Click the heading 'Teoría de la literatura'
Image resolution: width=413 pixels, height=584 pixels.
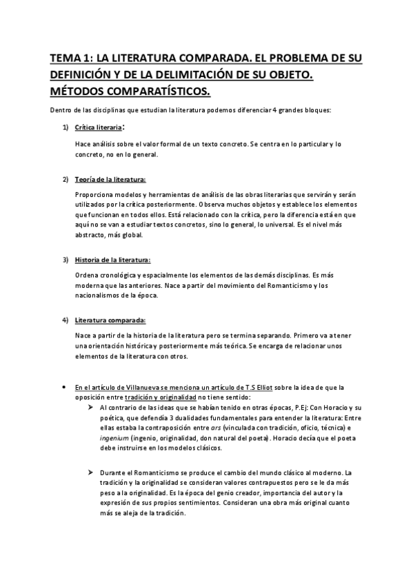pos(110,180)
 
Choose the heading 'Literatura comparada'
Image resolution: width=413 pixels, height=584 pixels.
pos(110,320)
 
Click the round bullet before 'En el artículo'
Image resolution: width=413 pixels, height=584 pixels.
pos(63,387)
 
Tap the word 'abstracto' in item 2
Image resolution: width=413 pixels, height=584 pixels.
pos(91,235)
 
